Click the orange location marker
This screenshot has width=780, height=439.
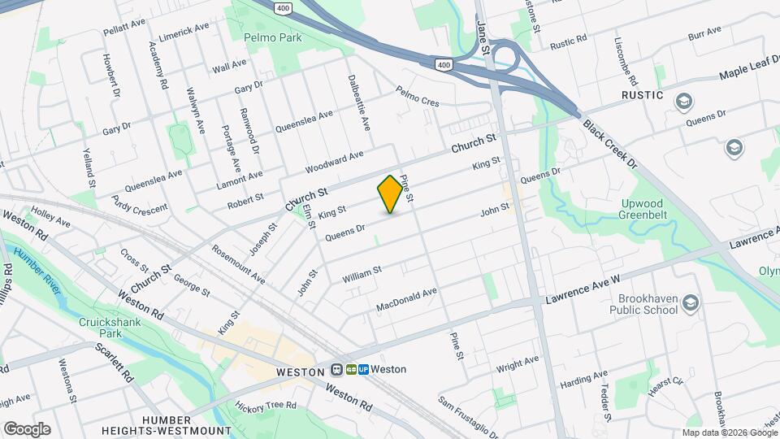tap(390, 193)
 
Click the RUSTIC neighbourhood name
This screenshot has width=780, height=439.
tap(643, 96)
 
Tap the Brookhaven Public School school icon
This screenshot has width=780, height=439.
tap(690, 302)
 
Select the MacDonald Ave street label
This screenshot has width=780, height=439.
tap(407, 299)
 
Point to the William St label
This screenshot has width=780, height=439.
tap(362, 273)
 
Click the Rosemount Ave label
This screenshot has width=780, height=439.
tap(238, 264)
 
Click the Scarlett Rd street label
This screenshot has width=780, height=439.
tap(114, 363)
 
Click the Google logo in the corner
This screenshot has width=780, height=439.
tap(27, 428)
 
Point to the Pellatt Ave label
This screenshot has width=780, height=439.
tap(123, 31)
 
